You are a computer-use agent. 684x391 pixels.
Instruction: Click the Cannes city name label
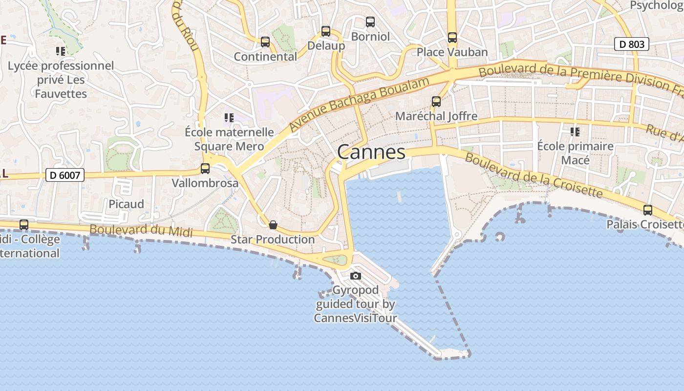(x=371, y=152)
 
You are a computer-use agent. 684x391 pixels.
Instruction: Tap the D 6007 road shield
(x=65, y=175)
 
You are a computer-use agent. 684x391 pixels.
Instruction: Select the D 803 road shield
(x=631, y=44)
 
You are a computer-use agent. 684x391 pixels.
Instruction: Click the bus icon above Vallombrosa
(x=205, y=169)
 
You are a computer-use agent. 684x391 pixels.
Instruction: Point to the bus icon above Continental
(x=265, y=42)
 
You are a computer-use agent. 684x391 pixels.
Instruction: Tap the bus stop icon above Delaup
(x=326, y=31)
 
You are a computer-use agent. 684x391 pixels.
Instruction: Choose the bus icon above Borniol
(x=370, y=22)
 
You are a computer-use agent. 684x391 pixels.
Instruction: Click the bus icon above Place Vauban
(x=452, y=38)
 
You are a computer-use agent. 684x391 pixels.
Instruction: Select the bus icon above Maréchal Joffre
(x=436, y=102)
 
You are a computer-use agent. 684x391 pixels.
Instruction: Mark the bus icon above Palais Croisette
(x=648, y=210)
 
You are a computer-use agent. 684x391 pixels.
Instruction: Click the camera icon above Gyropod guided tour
(x=356, y=276)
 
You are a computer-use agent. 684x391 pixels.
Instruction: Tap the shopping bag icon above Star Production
(x=273, y=225)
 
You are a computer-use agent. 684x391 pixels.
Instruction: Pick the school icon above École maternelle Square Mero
(x=229, y=118)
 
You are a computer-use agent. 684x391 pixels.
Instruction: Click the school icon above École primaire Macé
(x=575, y=132)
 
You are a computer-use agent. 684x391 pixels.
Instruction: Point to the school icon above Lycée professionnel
(x=61, y=51)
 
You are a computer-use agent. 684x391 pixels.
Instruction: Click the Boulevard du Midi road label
(x=141, y=230)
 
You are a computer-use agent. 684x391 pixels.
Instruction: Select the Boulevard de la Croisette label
(x=534, y=175)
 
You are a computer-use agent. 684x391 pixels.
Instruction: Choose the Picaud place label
(x=126, y=204)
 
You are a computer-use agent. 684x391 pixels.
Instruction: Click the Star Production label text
(x=273, y=239)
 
